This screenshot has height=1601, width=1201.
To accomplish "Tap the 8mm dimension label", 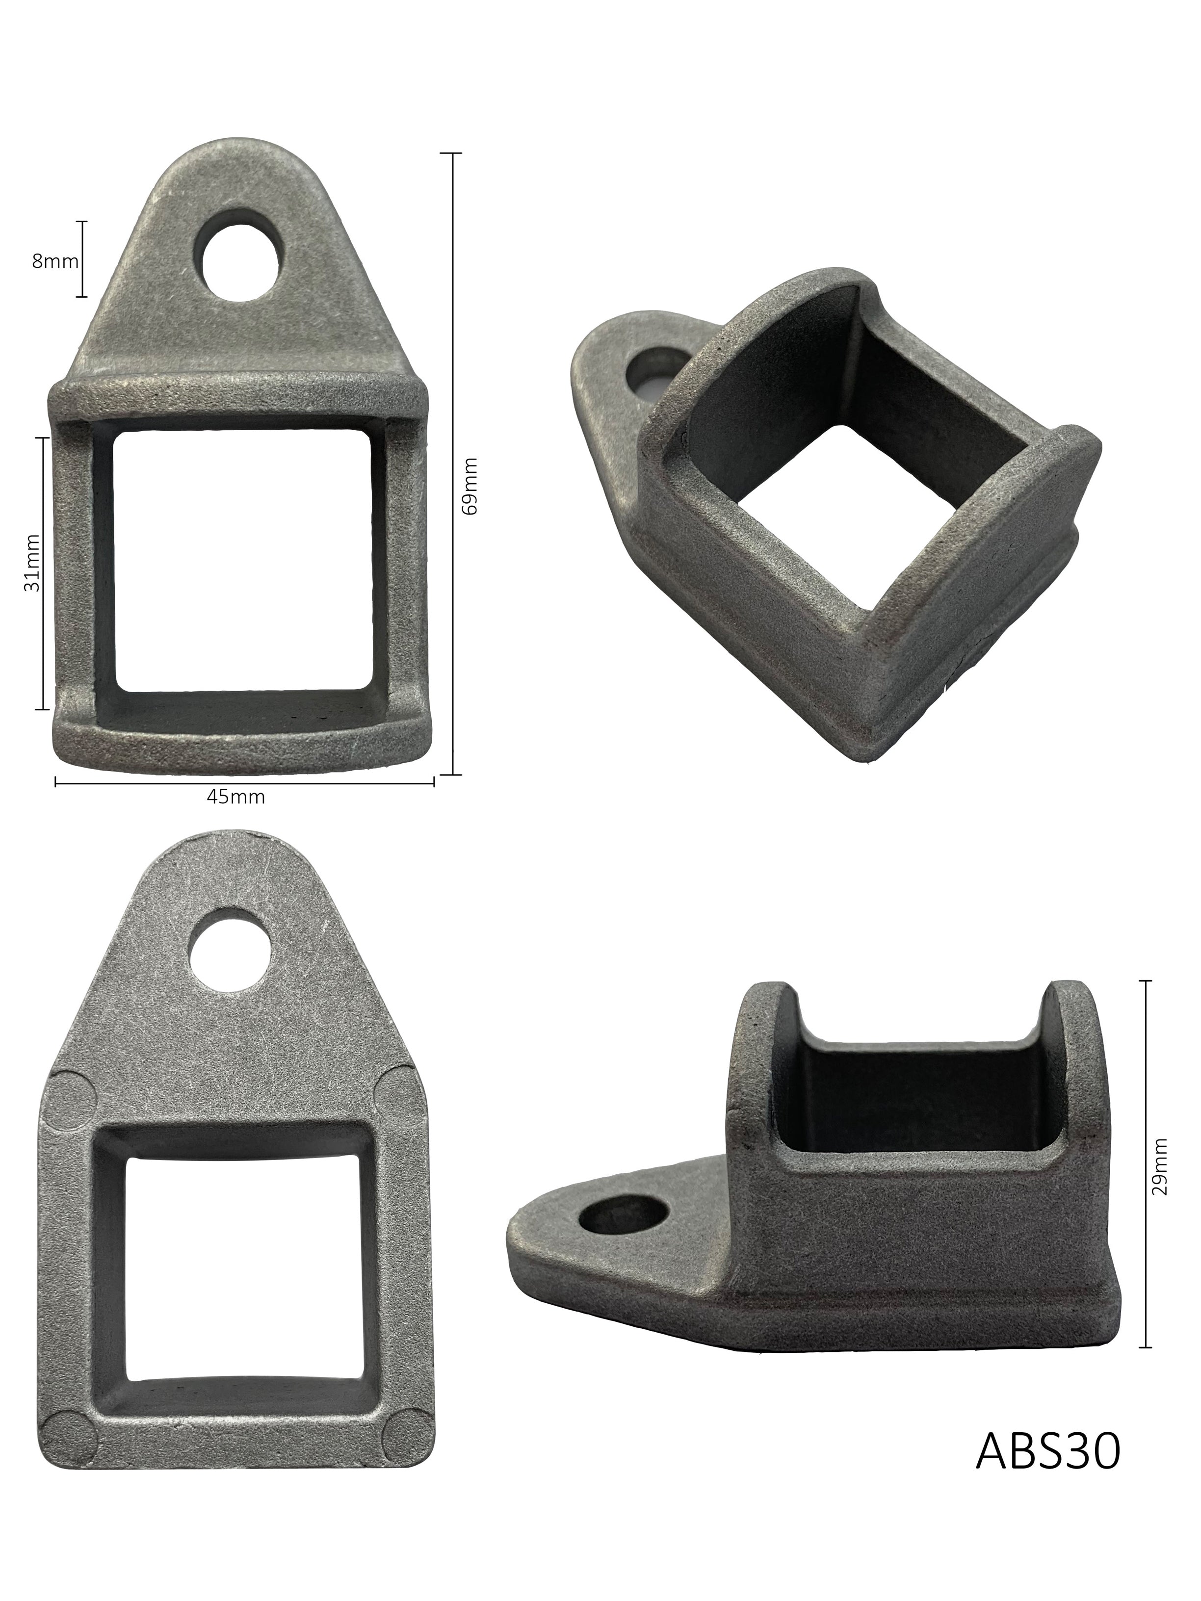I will (x=54, y=261).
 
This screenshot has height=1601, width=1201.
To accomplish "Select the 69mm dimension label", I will (x=470, y=485).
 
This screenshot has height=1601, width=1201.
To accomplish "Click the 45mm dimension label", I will (x=236, y=797).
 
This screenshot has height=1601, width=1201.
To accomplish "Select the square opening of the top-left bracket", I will (x=244, y=561).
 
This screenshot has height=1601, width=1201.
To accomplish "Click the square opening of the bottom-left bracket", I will (x=245, y=1266).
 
